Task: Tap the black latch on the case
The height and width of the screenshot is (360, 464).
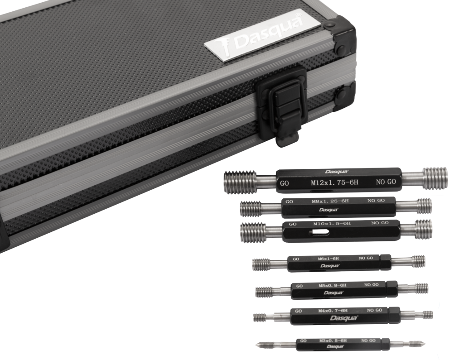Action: click(x=281, y=106)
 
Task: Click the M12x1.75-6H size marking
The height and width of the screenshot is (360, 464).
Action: click(x=334, y=182)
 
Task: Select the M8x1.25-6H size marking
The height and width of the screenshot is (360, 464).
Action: click(x=330, y=201)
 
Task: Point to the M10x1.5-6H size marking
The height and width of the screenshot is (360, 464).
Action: click(x=332, y=223)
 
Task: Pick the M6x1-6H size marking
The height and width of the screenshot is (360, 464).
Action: click(x=328, y=259)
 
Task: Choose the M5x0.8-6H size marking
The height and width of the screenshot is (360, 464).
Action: click(x=332, y=285)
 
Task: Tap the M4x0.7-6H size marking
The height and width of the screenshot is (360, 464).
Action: click(x=333, y=311)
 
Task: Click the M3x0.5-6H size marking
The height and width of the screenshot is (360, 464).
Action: click(x=333, y=341)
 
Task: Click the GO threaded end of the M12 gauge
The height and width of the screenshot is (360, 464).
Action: click(x=240, y=182)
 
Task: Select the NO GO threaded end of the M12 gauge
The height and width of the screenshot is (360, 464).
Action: click(x=435, y=178)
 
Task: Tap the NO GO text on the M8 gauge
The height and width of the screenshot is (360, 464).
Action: click(x=376, y=201)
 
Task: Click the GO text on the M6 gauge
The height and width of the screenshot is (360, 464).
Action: click(x=296, y=259)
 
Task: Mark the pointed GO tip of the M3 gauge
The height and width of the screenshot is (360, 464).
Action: click(x=258, y=345)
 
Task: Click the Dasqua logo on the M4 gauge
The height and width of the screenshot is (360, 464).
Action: click(x=343, y=318)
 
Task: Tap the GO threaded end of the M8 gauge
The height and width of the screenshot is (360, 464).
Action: click(x=251, y=209)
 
